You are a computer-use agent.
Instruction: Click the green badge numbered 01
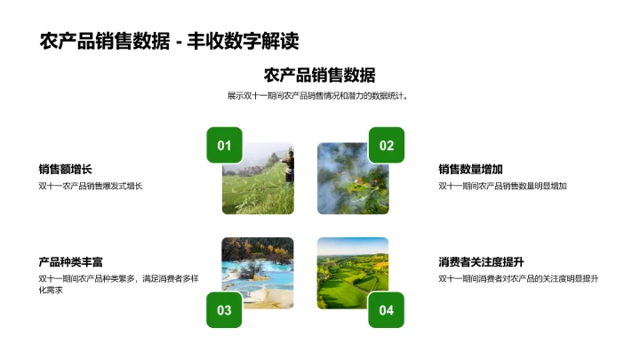[x=224, y=146]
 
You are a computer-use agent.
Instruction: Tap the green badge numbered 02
[x=387, y=146]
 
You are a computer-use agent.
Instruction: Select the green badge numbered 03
[x=224, y=309]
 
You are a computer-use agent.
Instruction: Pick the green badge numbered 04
[x=387, y=309]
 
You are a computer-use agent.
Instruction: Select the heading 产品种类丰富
[x=72, y=262]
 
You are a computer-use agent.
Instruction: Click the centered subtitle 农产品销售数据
[x=320, y=76]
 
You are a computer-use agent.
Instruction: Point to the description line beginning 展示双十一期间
[x=320, y=96]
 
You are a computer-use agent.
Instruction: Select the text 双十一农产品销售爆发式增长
[x=91, y=186]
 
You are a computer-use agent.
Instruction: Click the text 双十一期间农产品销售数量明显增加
[x=503, y=186]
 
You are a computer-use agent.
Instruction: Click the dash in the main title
[x=179, y=42]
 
